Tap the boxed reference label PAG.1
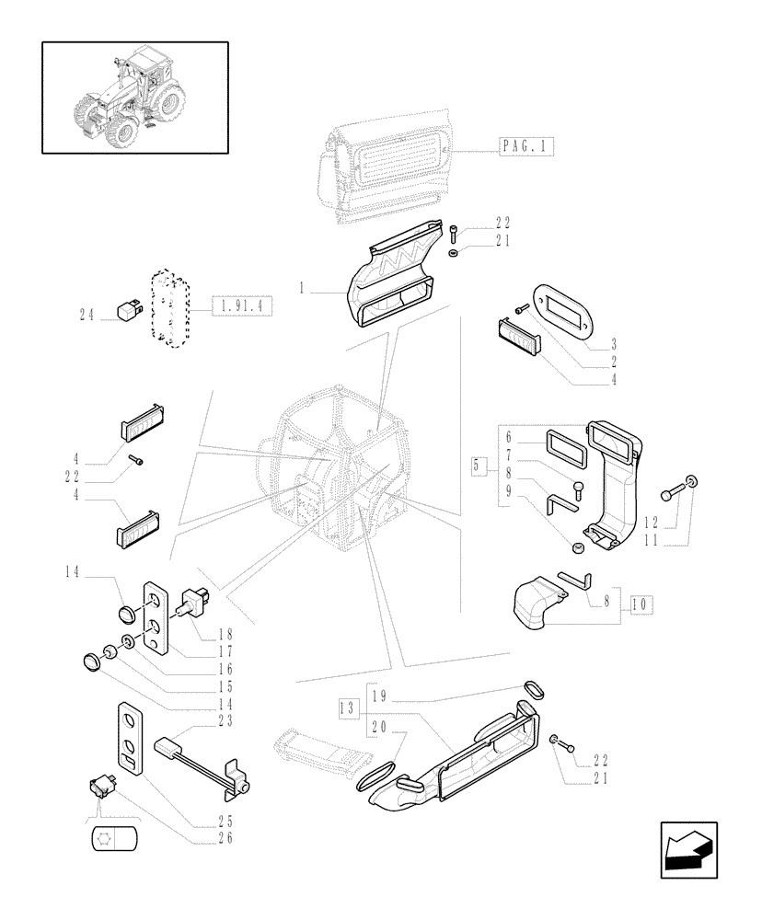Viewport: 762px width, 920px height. pos(527,146)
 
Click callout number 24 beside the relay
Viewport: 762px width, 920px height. pos(87,315)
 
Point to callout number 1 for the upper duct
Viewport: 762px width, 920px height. pos(301,288)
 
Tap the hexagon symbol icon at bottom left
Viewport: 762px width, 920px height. pos(115,839)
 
